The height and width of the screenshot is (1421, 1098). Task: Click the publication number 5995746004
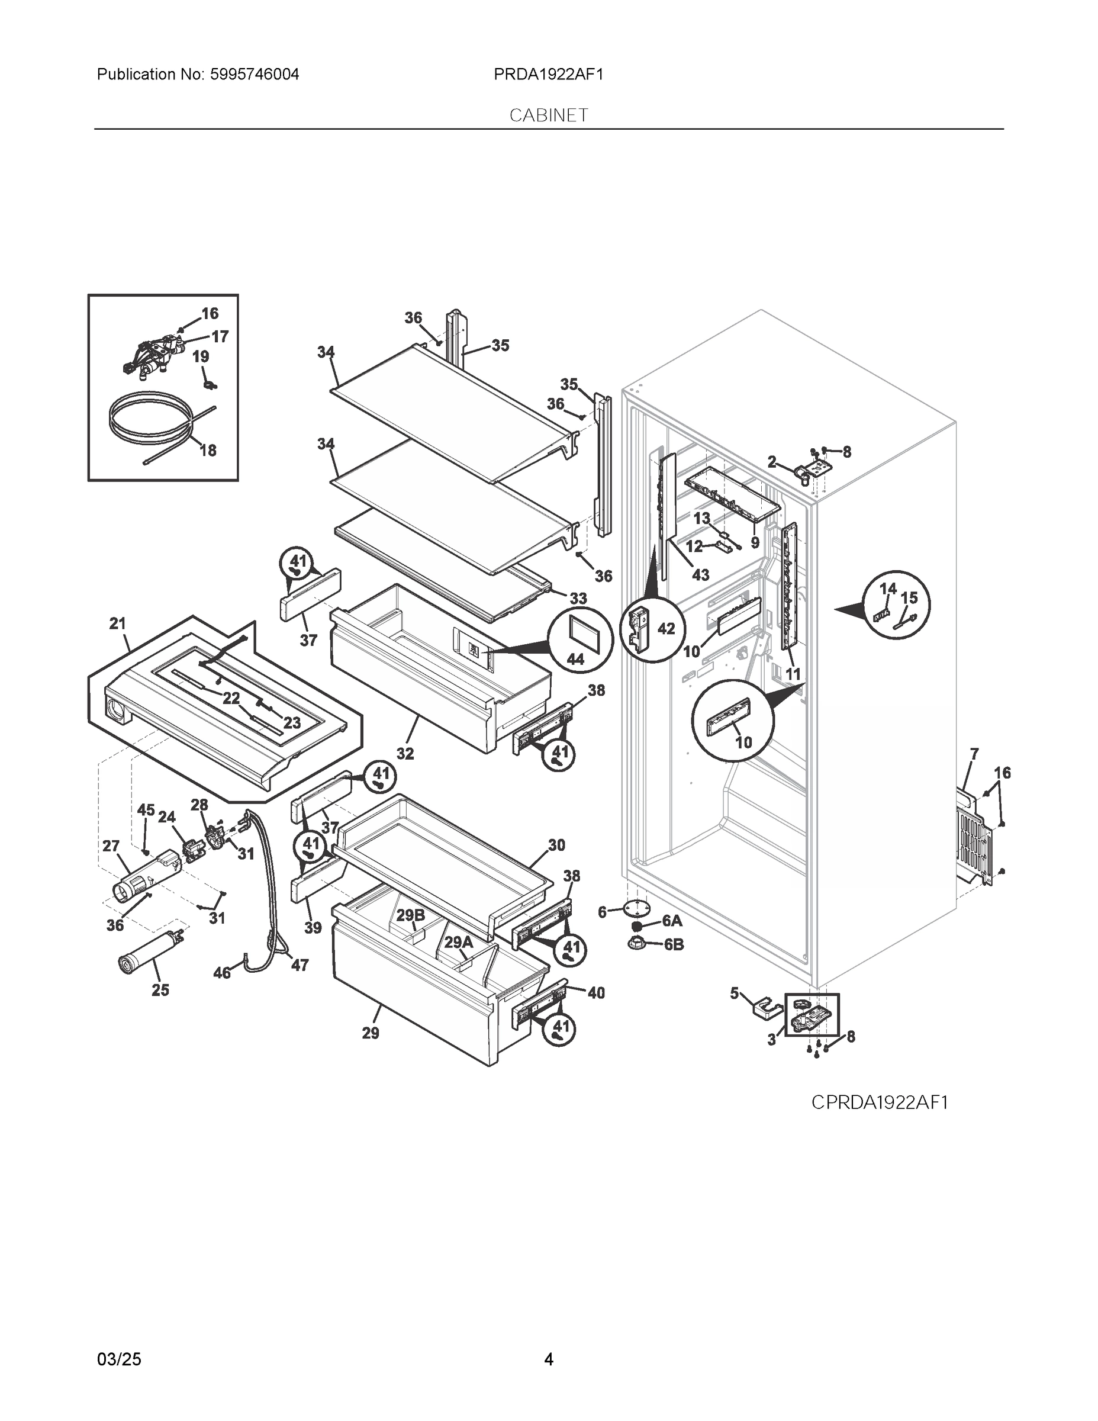(x=255, y=75)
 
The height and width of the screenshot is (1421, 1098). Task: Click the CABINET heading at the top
(x=548, y=115)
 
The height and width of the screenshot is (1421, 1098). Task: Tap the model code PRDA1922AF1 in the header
(x=548, y=75)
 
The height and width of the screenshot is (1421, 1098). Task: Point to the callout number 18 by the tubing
(x=208, y=450)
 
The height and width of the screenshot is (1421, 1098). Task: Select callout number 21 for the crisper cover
(x=117, y=624)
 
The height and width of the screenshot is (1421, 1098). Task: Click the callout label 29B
(x=410, y=916)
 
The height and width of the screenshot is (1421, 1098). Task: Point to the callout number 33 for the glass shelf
(x=578, y=598)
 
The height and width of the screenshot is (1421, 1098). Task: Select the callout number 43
(x=701, y=575)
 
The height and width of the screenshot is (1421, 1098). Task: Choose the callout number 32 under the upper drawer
(x=405, y=754)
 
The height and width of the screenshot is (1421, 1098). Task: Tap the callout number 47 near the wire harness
(x=300, y=966)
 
